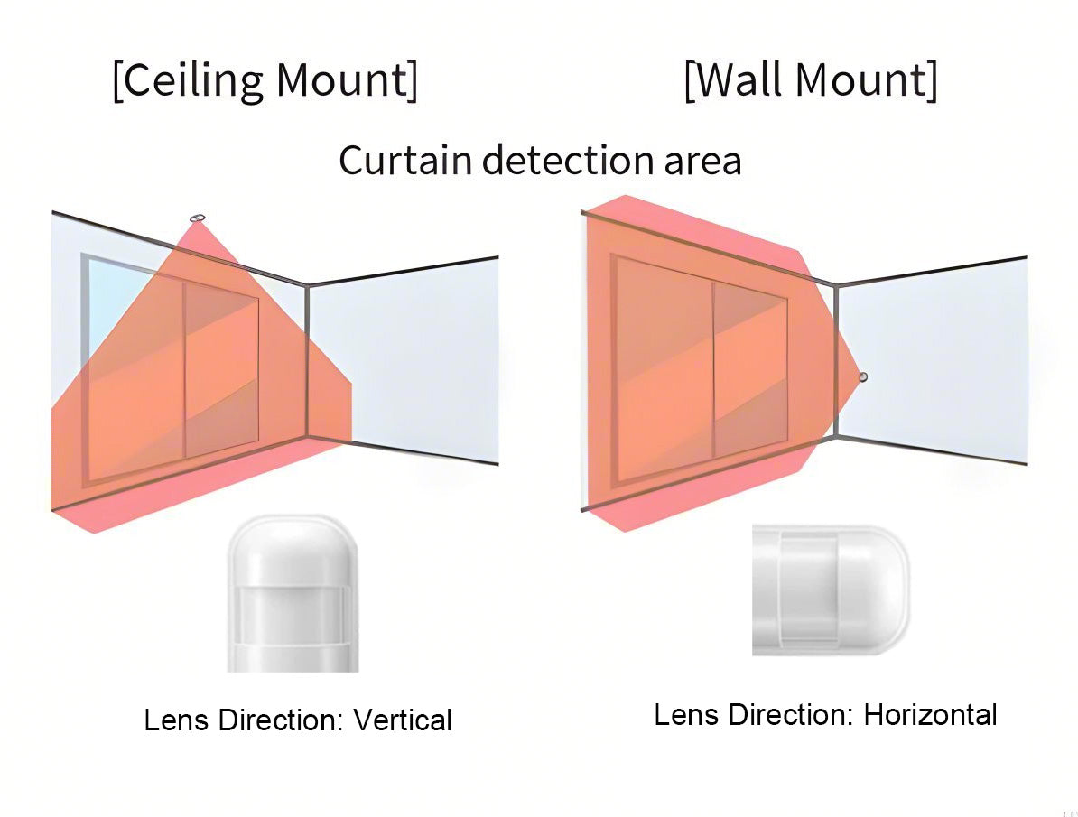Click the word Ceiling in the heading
click(192, 80)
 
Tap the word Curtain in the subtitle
click(405, 161)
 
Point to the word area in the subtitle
click(702, 161)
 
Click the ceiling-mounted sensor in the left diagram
click(198, 218)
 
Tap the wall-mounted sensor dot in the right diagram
click(862, 376)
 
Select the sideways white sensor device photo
click(830, 590)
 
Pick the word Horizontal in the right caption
click(930, 715)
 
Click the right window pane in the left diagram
click(222, 370)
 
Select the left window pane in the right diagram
click(662, 370)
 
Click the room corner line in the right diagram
click(836, 361)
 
